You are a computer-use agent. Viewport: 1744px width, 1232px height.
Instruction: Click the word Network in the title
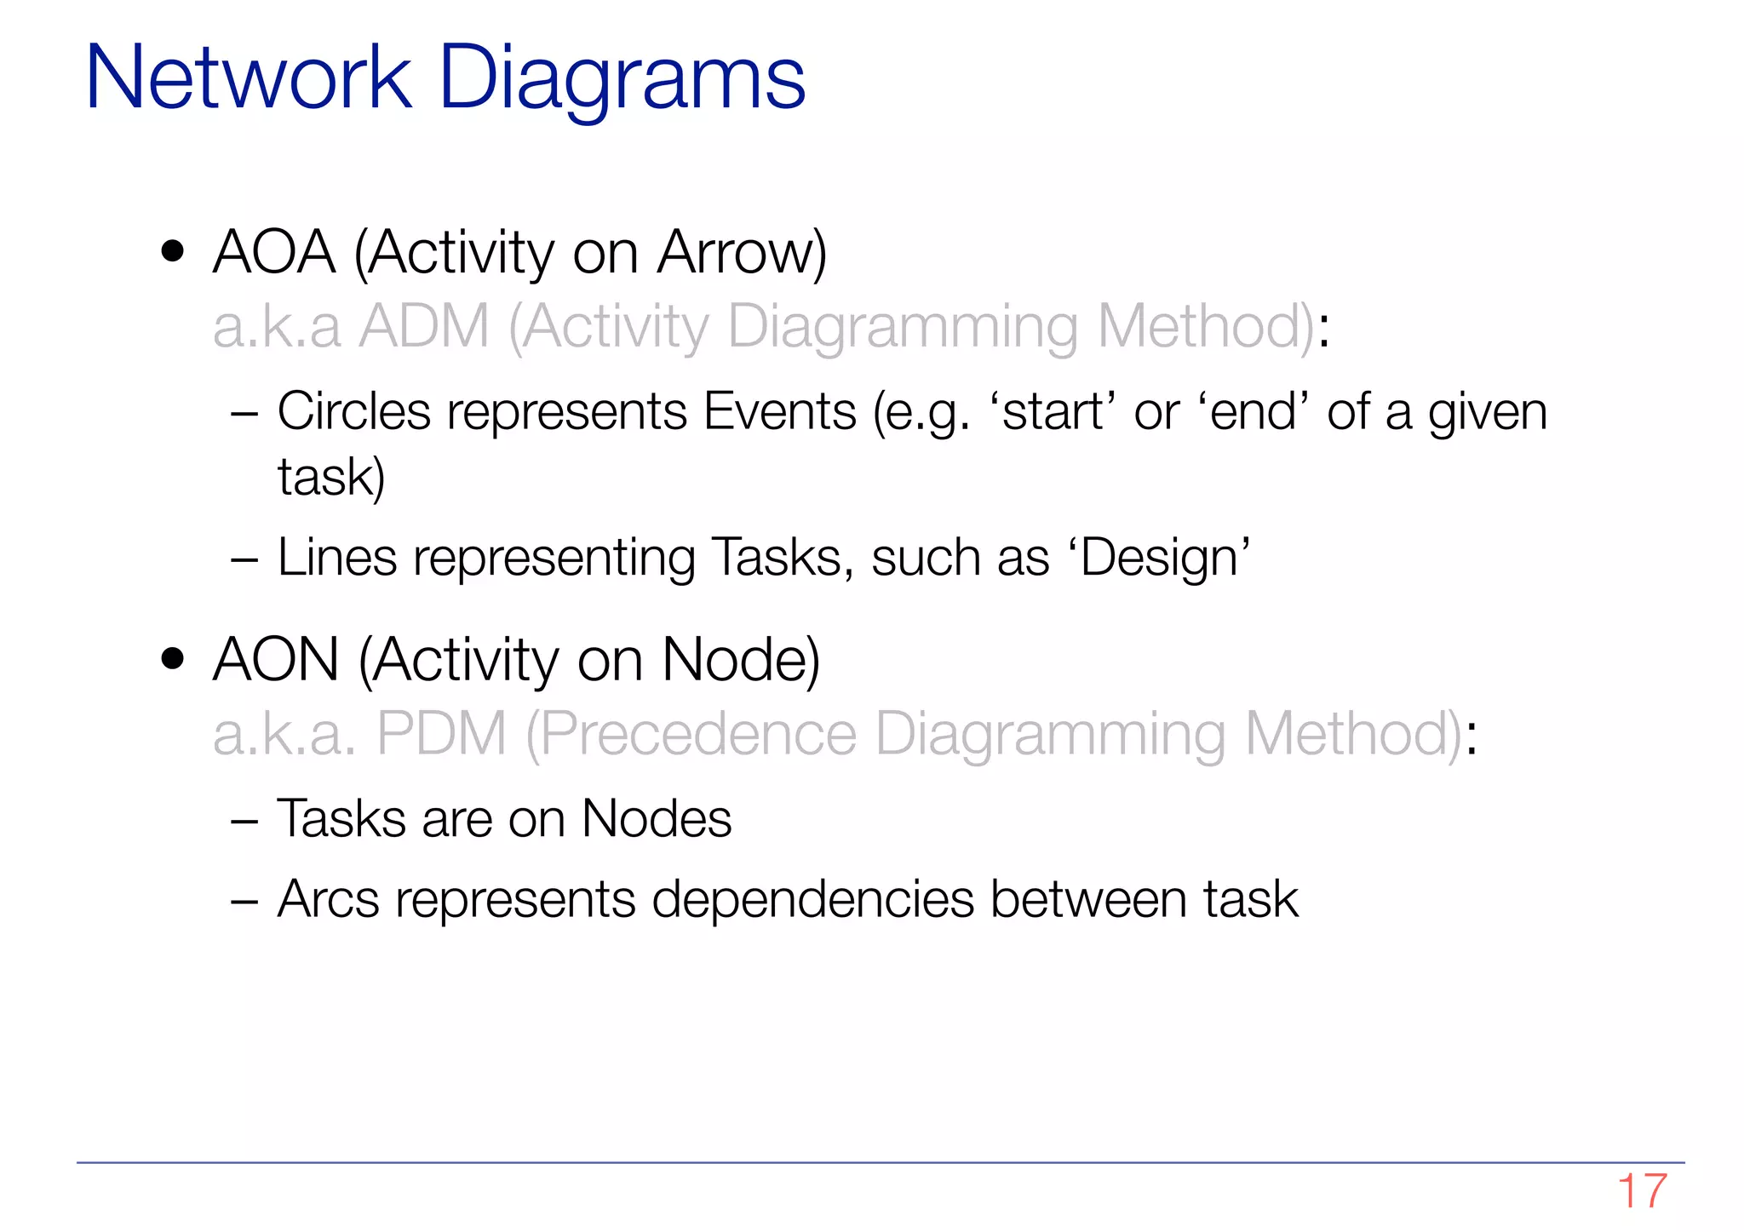249,78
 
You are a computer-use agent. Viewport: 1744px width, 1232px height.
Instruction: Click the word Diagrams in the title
622,78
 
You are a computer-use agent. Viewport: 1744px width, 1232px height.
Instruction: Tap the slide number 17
1641,1191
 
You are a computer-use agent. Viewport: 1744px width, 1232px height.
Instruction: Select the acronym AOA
274,253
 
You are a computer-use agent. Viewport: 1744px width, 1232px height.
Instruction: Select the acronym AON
276,660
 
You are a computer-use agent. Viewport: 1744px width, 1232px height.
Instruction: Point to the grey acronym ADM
424,326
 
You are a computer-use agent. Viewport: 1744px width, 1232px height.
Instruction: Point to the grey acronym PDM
441,734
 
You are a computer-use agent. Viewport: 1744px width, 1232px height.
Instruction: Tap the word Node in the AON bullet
739,660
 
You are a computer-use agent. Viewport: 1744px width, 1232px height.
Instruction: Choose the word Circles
353,411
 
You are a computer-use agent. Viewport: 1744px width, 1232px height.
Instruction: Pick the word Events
779,411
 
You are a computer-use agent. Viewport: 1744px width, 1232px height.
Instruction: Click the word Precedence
697,734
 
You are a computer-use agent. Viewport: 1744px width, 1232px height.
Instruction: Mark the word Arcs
328,899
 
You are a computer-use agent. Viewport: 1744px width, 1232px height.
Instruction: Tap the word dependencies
812,899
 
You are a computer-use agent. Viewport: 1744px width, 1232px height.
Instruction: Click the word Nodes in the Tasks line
656,819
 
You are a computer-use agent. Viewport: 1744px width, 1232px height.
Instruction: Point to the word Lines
337,559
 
